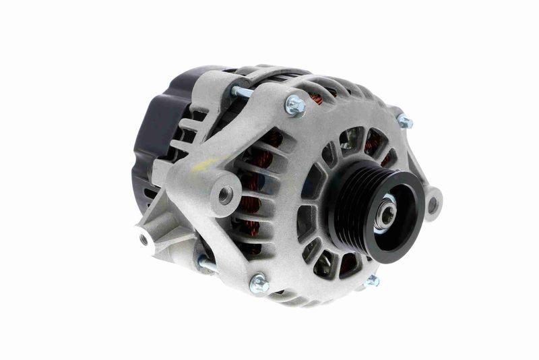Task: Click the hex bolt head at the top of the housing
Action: click(x=294, y=104)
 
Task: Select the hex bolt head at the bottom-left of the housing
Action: click(x=258, y=282)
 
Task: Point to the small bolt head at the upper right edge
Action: click(x=404, y=122)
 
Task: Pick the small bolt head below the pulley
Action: click(x=372, y=280)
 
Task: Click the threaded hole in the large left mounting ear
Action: click(x=225, y=194)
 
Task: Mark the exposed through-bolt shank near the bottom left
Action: click(x=208, y=264)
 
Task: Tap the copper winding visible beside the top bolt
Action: click(x=315, y=98)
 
